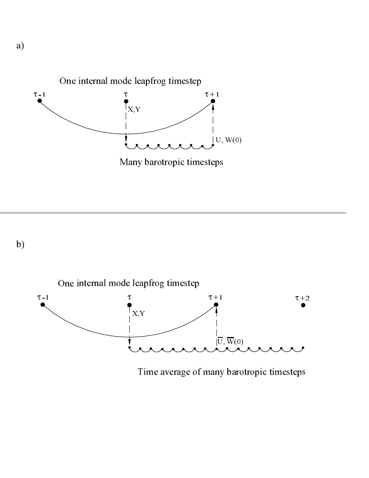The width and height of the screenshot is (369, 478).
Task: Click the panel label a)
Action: tap(20, 46)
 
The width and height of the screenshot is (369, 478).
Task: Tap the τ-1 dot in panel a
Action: tap(39, 101)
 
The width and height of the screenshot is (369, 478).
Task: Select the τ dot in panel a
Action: tap(126, 101)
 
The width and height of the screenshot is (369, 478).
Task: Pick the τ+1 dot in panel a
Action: tap(213, 101)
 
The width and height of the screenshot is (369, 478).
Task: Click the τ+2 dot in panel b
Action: tap(303, 305)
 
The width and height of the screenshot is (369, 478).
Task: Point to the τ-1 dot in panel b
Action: tap(42, 304)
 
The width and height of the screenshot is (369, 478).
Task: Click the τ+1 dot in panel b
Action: tap(216, 304)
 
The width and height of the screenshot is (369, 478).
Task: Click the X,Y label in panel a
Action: tap(134, 109)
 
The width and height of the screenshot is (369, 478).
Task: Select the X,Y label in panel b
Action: tap(138, 313)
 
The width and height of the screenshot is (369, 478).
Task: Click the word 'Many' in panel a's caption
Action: tap(129, 162)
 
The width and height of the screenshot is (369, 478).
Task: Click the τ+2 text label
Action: tap(302, 298)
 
